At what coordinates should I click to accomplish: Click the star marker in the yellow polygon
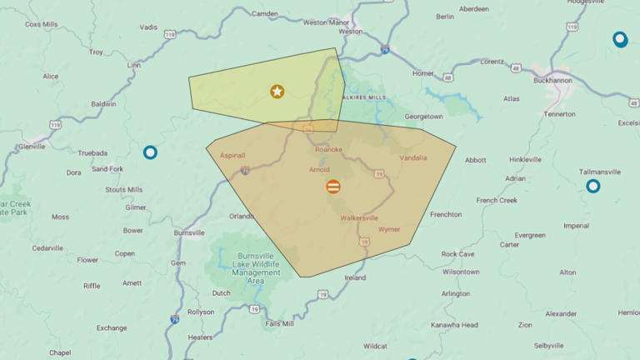pyautogui.click(x=277, y=91)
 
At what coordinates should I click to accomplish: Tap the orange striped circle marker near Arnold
pyautogui.click(x=332, y=187)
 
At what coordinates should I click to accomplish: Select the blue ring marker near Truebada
pyautogui.click(x=150, y=152)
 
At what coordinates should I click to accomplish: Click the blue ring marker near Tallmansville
pyautogui.click(x=592, y=186)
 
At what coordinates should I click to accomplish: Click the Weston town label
pyautogui.click(x=350, y=32)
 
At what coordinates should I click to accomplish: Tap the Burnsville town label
pyautogui.click(x=189, y=232)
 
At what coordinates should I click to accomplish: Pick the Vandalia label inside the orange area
pyautogui.click(x=413, y=157)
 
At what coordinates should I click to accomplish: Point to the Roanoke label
pyautogui.click(x=328, y=149)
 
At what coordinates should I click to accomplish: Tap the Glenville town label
pyautogui.click(x=32, y=146)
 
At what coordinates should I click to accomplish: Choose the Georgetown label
pyautogui.click(x=423, y=117)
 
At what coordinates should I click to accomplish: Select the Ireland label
pyautogui.click(x=355, y=277)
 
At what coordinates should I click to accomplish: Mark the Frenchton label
pyautogui.click(x=446, y=214)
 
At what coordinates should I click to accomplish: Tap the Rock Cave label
pyautogui.click(x=457, y=253)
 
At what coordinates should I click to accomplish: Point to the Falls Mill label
pyautogui.click(x=278, y=323)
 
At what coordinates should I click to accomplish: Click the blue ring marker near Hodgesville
pyautogui.click(x=620, y=39)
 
